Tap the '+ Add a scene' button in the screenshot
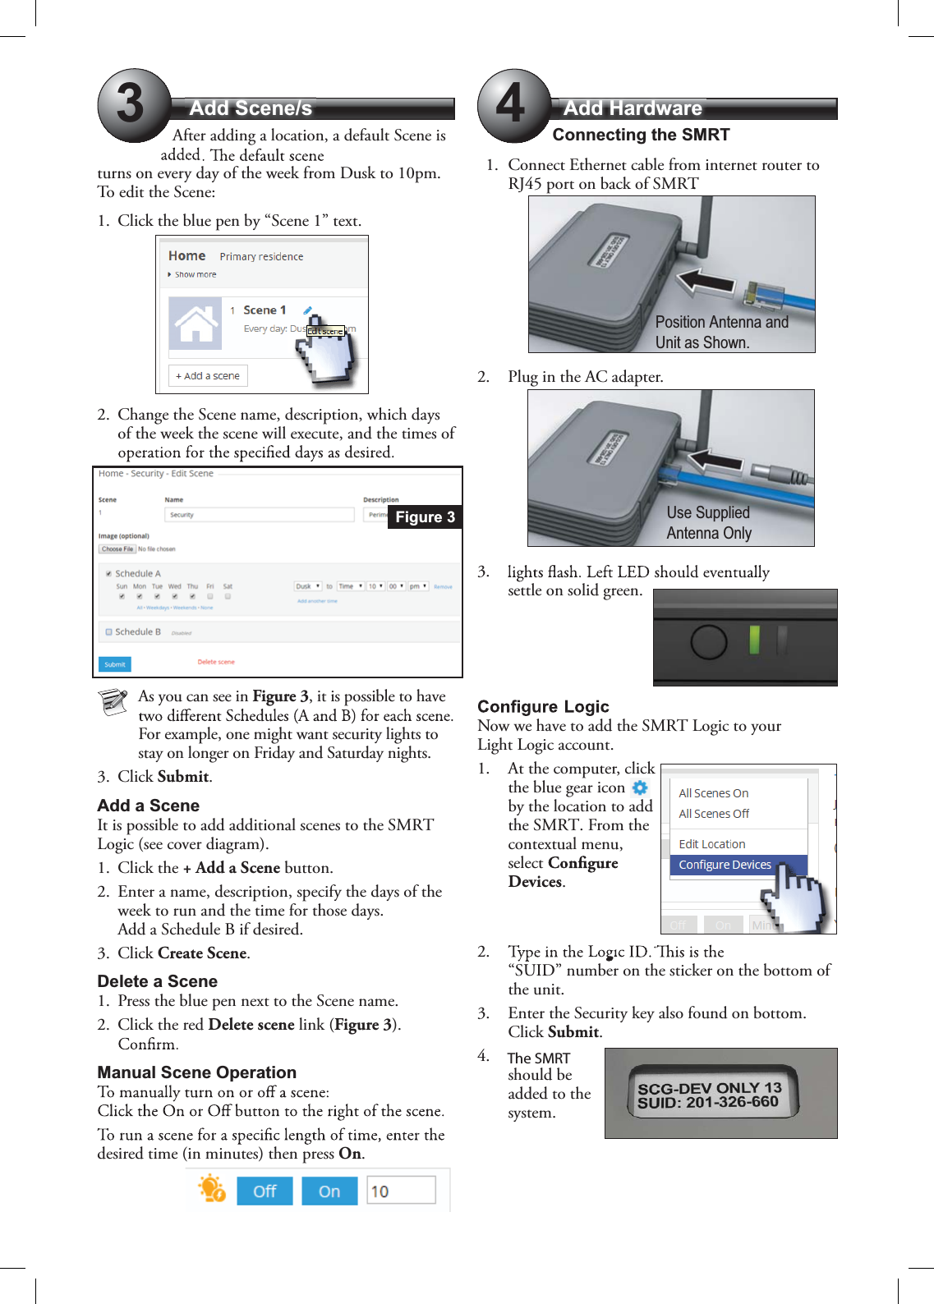pyautogui.click(x=208, y=376)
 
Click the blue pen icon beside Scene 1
pyautogui.click(x=307, y=310)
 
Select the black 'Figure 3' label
pyautogui.click(x=425, y=517)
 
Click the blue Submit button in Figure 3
pyautogui.click(x=115, y=664)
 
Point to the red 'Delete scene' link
pyautogui.click(x=216, y=662)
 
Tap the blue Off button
pyautogui.click(x=265, y=1192)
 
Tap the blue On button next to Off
pyautogui.click(x=329, y=1192)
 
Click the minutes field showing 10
pyautogui.click(x=401, y=1191)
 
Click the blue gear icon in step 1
pyautogui.click(x=640, y=787)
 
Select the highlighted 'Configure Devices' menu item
pyautogui.click(x=725, y=865)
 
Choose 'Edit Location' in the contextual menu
pyautogui.click(x=712, y=844)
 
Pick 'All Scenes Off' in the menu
pyautogui.click(x=714, y=814)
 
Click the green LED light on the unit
pyautogui.click(x=754, y=640)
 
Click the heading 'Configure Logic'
pyautogui.click(x=543, y=707)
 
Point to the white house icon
pyautogui.click(x=196, y=323)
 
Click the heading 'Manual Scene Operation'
pyautogui.click(x=196, y=1072)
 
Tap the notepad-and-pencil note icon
pyautogui.click(x=113, y=702)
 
